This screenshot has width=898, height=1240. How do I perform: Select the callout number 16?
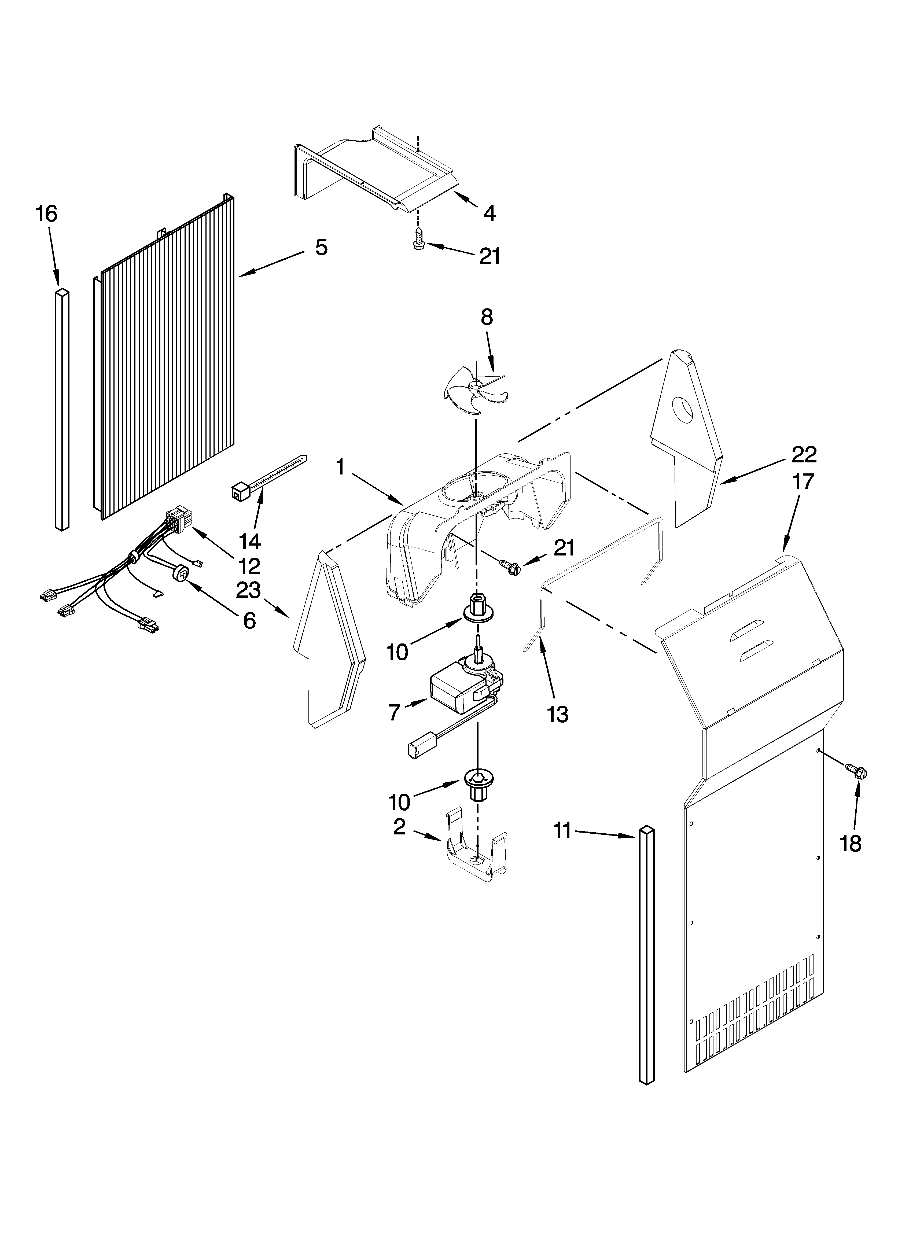(x=47, y=214)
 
